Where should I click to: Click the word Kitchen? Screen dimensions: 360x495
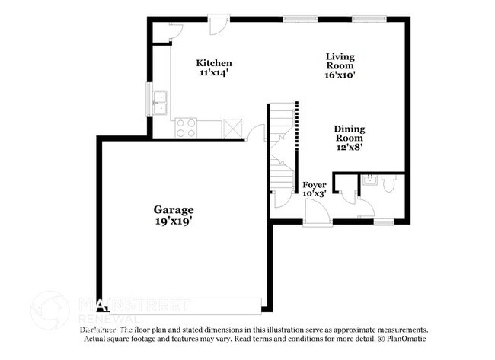[214, 62]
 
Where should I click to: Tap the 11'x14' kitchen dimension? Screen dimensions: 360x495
[214, 73]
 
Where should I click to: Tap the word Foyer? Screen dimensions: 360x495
[315, 185]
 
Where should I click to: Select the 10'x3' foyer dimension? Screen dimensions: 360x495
[315, 194]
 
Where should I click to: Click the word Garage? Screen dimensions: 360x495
[174, 209]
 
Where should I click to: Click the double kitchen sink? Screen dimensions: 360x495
[160, 103]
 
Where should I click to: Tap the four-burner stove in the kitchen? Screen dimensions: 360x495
[187, 127]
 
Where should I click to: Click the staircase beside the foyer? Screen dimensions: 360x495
[282, 145]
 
